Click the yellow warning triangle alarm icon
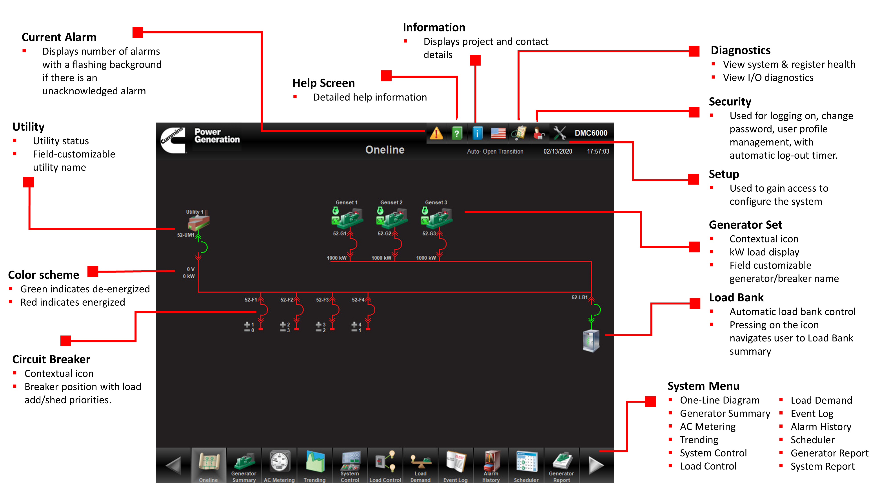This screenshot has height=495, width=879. coord(436,133)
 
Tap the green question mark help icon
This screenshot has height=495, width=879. coord(457,133)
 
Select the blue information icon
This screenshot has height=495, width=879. coord(477,133)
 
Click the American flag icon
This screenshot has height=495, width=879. coord(498,133)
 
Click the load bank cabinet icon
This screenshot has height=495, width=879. coord(591,341)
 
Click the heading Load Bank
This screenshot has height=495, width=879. coord(736,297)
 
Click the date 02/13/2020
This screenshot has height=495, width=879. coord(558,151)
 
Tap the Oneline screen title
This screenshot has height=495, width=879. coord(385,150)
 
